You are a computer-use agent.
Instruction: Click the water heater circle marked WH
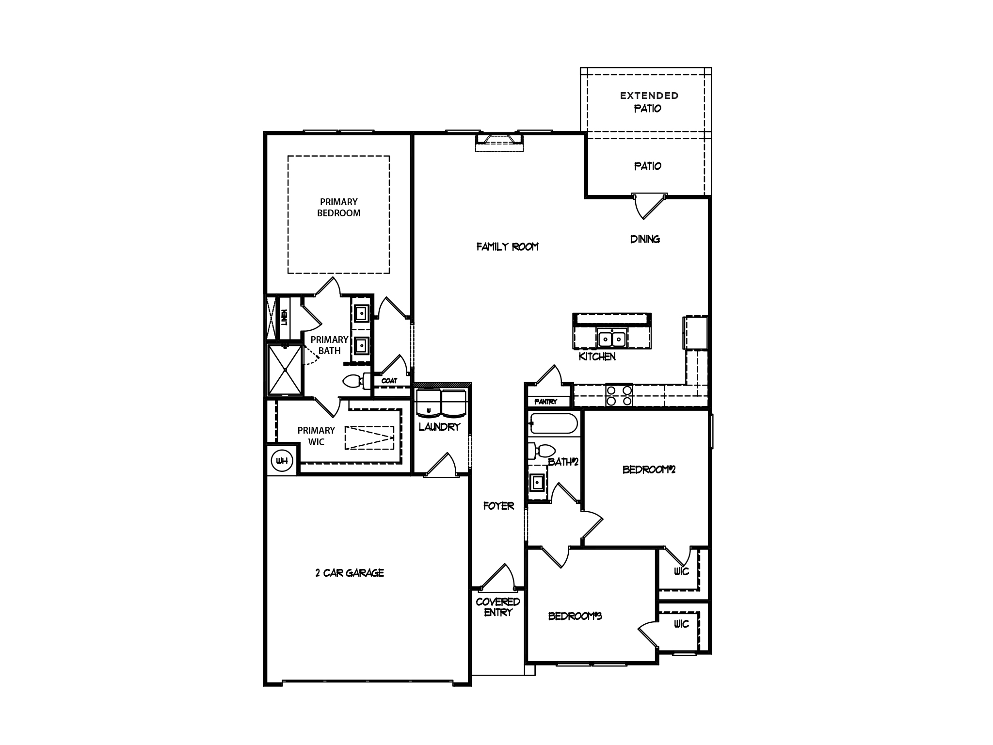point(282,460)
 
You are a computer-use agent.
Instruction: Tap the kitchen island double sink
point(612,338)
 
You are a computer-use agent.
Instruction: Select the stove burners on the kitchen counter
point(619,395)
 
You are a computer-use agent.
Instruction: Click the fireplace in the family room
point(499,141)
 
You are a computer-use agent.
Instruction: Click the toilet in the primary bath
point(354,381)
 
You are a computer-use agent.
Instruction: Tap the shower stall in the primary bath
point(285,370)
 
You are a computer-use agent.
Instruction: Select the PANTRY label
point(545,402)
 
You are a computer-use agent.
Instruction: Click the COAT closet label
point(389,381)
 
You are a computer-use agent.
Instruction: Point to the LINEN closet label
point(284,318)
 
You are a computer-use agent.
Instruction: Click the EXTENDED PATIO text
point(649,102)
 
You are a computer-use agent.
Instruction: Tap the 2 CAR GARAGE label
point(350,573)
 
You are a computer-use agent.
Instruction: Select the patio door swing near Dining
point(648,206)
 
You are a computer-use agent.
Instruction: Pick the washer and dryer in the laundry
point(441,403)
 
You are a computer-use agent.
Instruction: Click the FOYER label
point(498,506)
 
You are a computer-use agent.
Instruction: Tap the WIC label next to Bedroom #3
point(681,624)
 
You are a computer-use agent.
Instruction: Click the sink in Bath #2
point(537,483)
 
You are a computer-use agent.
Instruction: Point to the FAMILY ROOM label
point(507,246)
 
